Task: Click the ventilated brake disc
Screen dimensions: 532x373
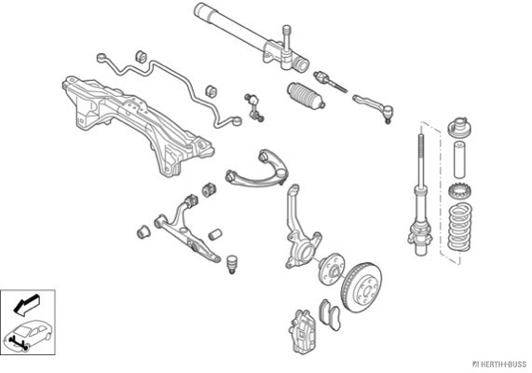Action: [361, 287]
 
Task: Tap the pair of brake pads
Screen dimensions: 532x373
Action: [330, 314]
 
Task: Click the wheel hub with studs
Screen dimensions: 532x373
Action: [332, 269]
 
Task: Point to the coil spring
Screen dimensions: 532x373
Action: [460, 227]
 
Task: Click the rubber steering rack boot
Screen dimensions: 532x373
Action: [307, 95]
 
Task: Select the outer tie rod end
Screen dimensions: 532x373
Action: [374, 107]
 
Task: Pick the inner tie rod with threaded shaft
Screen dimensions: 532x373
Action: [330, 81]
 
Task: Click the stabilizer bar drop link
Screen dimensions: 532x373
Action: [254, 108]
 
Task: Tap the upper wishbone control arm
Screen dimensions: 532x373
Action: [257, 170]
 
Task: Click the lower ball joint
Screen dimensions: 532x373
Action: [231, 264]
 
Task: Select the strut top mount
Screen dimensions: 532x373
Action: [460, 128]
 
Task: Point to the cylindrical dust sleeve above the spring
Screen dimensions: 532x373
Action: [459, 159]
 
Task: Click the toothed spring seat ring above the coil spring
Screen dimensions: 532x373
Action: [460, 192]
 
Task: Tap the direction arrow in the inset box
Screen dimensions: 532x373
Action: [26, 304]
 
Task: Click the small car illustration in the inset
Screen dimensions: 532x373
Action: [28, 335]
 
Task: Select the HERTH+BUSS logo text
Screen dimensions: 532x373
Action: [499, 365]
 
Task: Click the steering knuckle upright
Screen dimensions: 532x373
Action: [299, 231]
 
